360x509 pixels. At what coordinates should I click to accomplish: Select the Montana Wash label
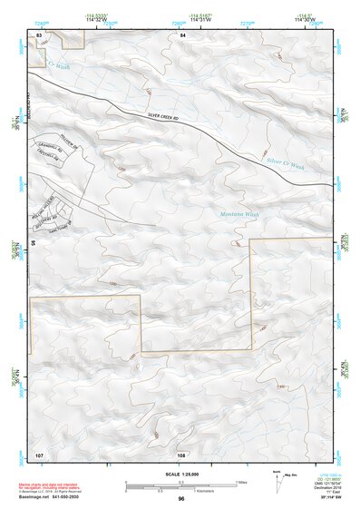tap(238, 214)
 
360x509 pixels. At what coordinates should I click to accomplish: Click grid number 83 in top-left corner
tap(39, 34)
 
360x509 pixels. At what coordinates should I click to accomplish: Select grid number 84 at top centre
tap(182, 34)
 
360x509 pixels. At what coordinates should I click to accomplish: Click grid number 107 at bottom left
tap(39, 452)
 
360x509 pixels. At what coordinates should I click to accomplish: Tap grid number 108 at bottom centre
tap(181, 452)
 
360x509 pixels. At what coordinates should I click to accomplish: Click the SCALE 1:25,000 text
tap(180, 475)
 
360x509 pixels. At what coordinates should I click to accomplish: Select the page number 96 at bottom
tap(181, 500)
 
